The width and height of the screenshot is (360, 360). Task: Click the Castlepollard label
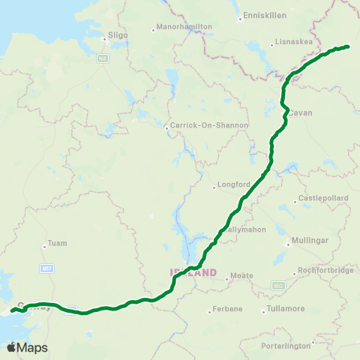pyautogui.click(x=322, y=198)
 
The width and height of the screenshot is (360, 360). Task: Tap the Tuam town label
pyautogui.click(x=58, y=243)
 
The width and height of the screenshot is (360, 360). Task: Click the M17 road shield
pyautogui.click(x=46, y=267)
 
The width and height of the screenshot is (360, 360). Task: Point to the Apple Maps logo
pyautogui.click(x=27, y=347)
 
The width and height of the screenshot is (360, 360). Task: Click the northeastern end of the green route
pyautogui.click(x=349, y=46)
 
